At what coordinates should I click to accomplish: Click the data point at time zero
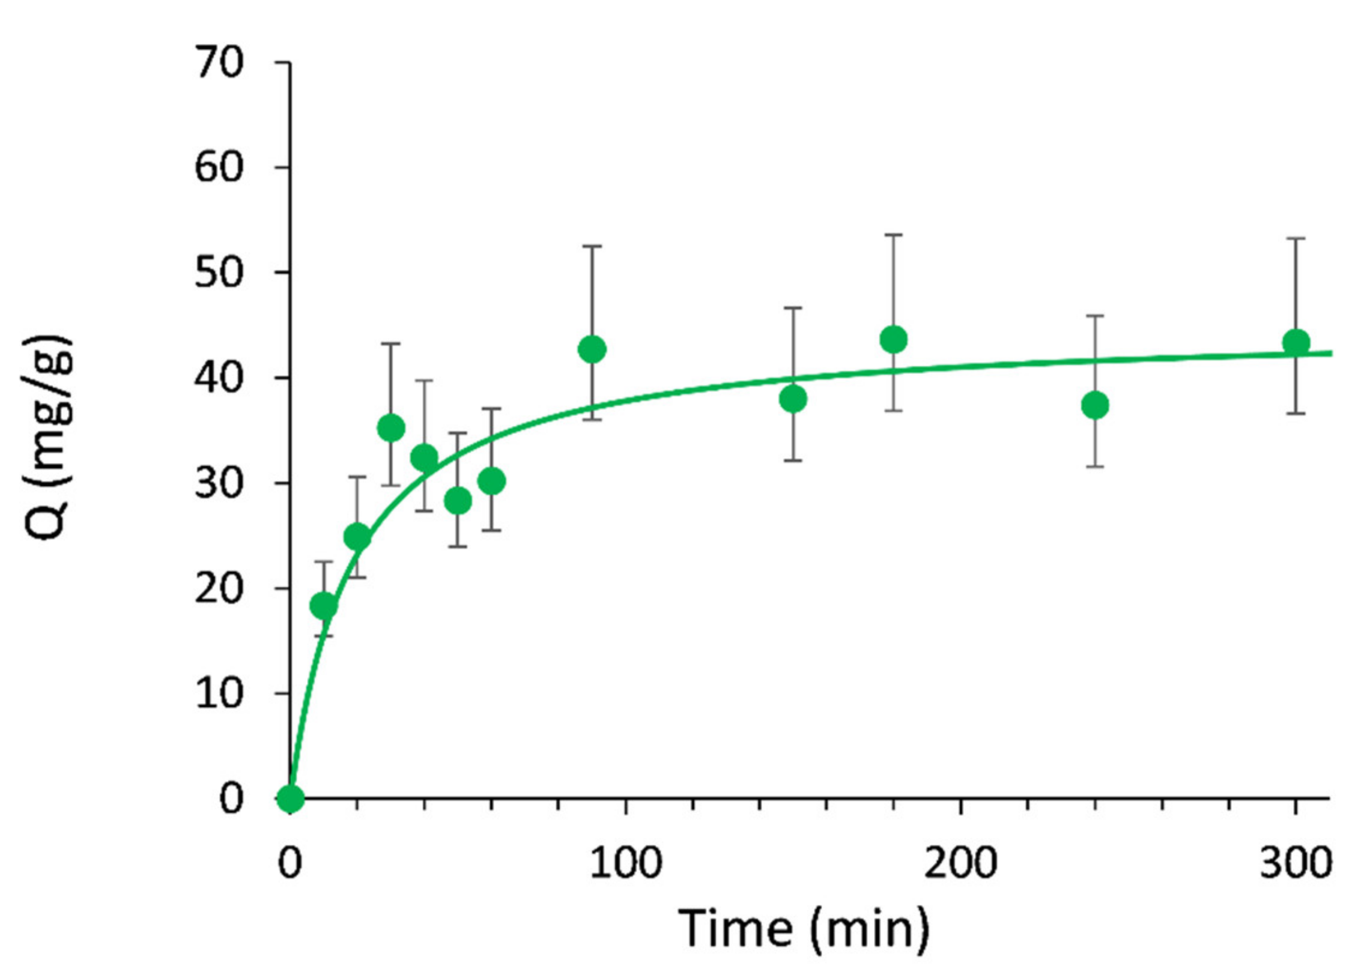coord(291,798)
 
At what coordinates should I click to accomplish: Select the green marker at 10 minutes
coord(324,605)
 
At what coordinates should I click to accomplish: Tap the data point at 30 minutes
coord(391,428)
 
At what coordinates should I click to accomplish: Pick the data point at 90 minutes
coord(592,349)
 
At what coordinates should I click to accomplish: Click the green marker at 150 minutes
coord(793,399)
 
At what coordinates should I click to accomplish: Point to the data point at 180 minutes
coord(893,340)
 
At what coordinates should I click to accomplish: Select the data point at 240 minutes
coord(1095,406)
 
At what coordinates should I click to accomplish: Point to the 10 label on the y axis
coord(219,693)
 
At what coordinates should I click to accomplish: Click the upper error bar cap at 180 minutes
coord(893,235)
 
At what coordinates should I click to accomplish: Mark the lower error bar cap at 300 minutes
coord(1296,414)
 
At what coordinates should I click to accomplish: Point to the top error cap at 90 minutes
coord(592,246)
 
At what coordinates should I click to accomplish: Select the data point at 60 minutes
coord(492,481)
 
